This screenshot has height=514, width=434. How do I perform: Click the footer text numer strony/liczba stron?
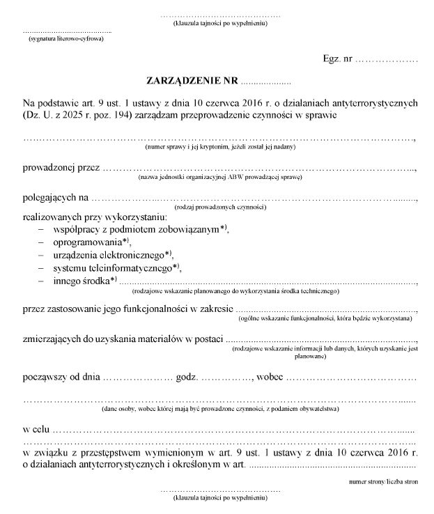(384, 481)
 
